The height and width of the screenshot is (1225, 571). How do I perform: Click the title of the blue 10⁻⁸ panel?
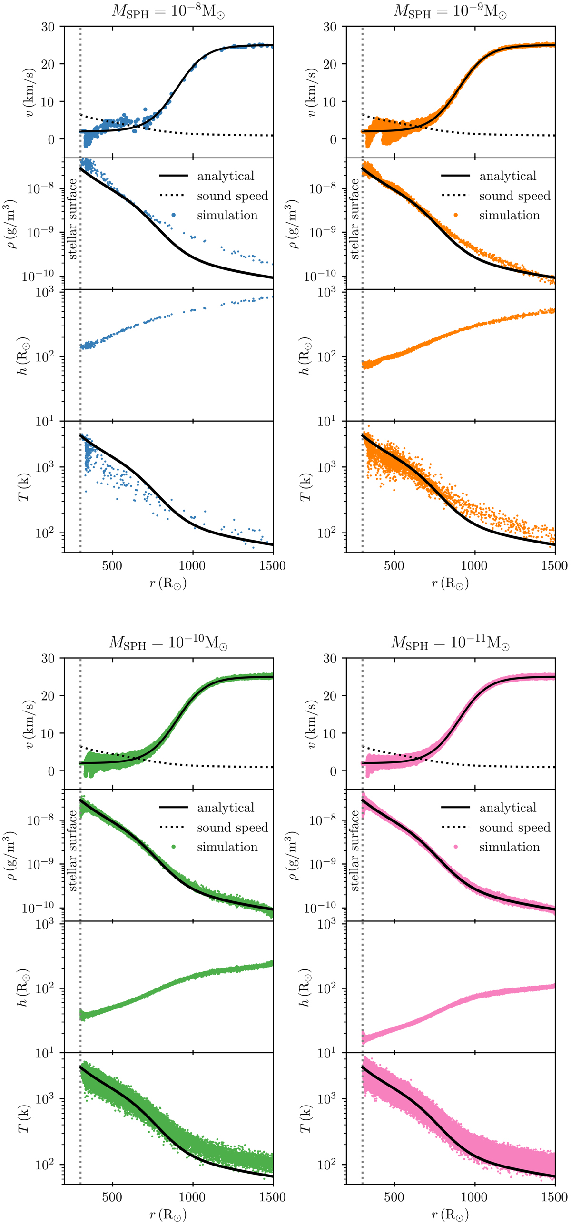[168, 11]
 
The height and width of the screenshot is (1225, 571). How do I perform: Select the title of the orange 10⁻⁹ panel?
[450, 11]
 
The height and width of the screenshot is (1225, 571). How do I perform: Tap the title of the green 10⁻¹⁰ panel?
[168, 642]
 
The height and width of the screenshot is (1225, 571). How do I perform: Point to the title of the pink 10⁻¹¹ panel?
[450, 642]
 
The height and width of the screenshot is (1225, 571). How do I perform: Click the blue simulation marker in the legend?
[173, 215]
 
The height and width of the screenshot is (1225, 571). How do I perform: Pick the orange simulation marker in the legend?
[455, 215]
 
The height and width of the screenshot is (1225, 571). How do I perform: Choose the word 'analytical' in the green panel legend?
[226, 808]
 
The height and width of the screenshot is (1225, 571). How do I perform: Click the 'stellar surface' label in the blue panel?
[72, 219]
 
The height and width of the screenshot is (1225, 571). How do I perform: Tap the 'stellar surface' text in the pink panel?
[354, 850]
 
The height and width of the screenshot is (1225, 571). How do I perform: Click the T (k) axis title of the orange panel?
[305, 487]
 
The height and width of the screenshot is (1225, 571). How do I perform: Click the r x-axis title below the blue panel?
[168, 583]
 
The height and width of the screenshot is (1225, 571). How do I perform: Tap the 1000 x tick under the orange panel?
[474, 565]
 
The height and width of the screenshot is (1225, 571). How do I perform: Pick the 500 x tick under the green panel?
[112, 1197]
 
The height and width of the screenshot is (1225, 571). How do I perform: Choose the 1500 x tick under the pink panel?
[554, 1197]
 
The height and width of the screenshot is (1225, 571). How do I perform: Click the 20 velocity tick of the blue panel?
[48, 64]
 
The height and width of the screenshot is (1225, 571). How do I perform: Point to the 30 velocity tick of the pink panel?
[330, 658]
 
